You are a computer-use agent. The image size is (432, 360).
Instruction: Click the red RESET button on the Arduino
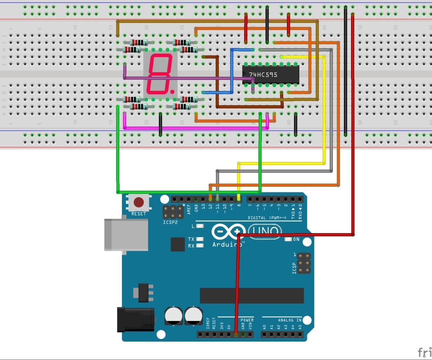tap(139, 203)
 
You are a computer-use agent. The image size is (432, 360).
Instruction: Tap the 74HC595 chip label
tap(263, 75)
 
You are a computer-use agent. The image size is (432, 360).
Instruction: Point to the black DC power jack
tap(135, 319)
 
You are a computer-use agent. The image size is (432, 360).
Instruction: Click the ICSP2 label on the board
tap(170, 222)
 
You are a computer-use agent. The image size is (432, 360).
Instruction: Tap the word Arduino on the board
tap(227, 244)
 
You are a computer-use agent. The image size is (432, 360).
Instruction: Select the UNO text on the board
tap(265, 231)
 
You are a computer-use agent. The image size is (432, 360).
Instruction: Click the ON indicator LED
tap(288, 239)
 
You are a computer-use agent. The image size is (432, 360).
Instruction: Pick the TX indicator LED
tap(200, 239)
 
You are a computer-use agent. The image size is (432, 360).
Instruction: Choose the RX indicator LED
tap(200, 245)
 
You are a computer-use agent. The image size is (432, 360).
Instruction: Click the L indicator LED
tap(200, 226)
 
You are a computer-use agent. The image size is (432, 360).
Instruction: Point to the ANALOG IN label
tap(290, 320)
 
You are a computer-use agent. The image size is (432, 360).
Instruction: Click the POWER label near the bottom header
tap(247, 320)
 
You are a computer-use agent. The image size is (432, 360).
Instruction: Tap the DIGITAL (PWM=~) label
tap(267, 218)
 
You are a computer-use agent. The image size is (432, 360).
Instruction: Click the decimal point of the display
tap(172, 91)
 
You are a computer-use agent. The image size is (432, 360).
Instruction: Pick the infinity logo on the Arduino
tap(229, 231)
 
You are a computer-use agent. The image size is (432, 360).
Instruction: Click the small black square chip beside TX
tap(178, 244)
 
